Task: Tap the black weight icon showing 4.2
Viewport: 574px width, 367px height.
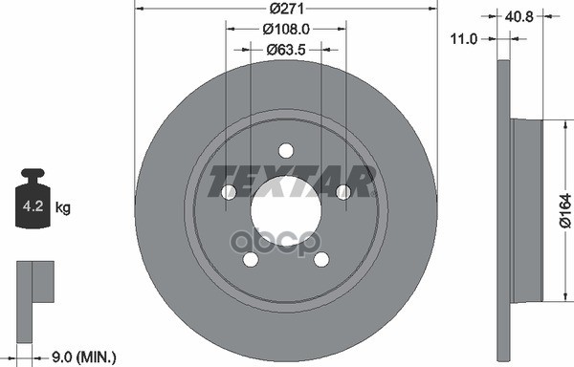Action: click(33, 201)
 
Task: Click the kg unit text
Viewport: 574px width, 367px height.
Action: click(64, 206)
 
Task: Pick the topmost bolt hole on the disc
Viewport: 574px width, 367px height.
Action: click(285, 150)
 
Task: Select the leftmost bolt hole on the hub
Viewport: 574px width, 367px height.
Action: click(228, 192)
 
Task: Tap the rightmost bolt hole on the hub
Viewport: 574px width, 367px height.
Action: click(342, 192)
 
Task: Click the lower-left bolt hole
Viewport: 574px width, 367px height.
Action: click(250, 259)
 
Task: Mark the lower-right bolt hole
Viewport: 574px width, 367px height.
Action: click(320, 259)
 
